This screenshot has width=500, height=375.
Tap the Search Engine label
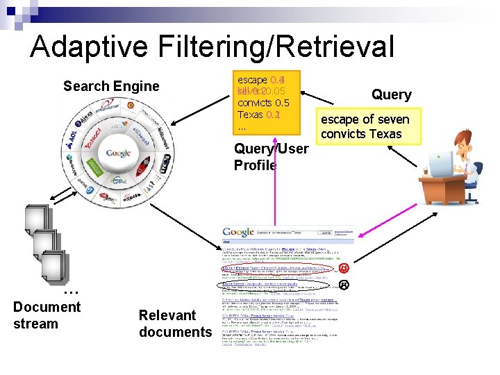point(111,87)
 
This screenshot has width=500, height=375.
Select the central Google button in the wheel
point(119,153)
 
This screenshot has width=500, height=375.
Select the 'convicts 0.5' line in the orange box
point(263,103)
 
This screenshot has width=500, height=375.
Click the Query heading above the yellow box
point(392,95)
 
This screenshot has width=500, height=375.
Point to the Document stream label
point(47,315)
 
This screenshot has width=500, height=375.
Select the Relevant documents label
point(174,324)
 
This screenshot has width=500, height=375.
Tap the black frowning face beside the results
point(343,284)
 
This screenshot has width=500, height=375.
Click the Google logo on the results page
point(238,232)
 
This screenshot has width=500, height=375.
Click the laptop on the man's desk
point(441,165)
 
